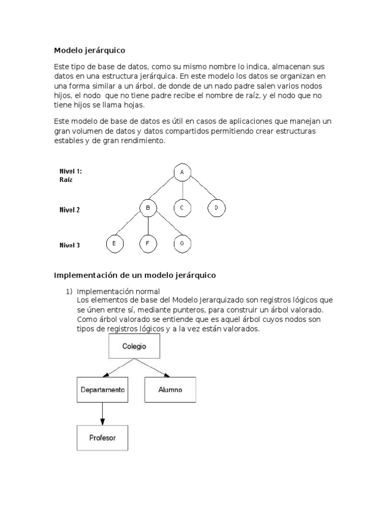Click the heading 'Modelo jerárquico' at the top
(x=89, y=51)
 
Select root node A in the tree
(x=181, y=173)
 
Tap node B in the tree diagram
(x=148, y=208)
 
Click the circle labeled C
(x=181, y=208)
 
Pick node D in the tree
(x=216, y=208)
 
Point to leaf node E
(x=114, y=244)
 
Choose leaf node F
(x=148, y=244)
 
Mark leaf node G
(x=181, y=244)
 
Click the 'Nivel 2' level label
(x=70, y=209)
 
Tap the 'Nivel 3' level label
(x=70, y=245)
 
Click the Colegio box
(x=134, y=347)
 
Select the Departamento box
(x=102, y=390)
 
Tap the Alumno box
(x=170, y=390)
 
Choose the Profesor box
(x=102, y=437)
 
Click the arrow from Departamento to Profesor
(x=102, y=414)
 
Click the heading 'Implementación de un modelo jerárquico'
(x=135, y=275)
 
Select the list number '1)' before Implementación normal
(x=69, y=291)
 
